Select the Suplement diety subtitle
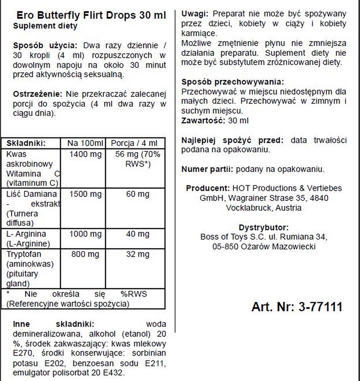click(x=45, y=26)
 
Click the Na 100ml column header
click(x=85, y=143)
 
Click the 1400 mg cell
click(x=85, y=154)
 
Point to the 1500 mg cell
click(x=85, y=194)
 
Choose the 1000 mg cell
click(x=85, y=234)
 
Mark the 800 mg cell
click(x=85, y=254)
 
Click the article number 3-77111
click(x=320, y=307)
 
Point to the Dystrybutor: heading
click(x=263, y=228)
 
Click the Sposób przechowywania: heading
click(x=233, y=82)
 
